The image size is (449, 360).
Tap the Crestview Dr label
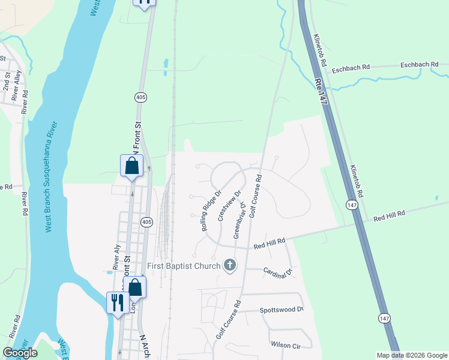pos(229,206)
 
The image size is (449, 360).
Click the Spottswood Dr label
pos(282,310)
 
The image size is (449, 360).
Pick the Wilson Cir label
pos(285,346)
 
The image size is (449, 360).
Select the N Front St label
pos(137,137)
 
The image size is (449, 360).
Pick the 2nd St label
pos(7,84)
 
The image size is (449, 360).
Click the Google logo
pos(20,353)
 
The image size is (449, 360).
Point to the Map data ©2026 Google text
pos(411,355)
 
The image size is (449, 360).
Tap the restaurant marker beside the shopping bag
pos(115,302)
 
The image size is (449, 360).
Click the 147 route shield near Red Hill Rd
pos(351,205)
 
